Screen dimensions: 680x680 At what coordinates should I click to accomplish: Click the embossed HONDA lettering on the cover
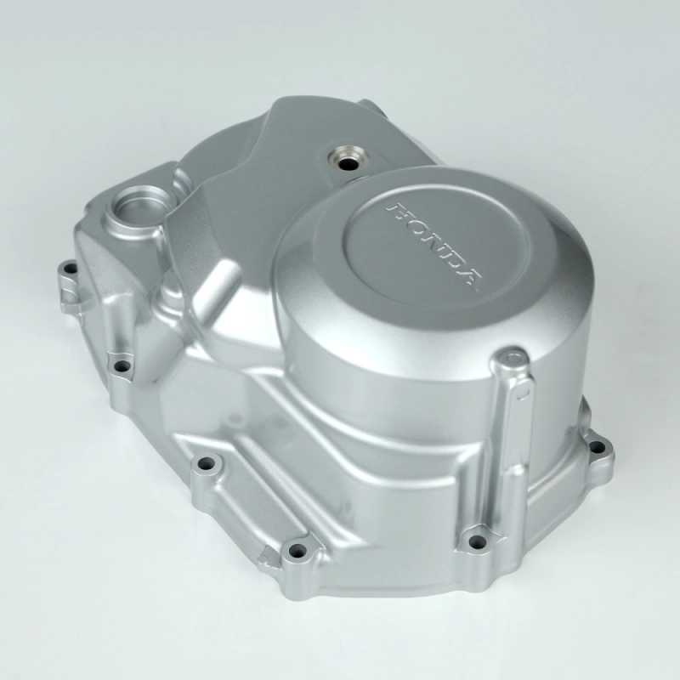434,246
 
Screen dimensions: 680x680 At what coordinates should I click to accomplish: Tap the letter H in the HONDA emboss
395,210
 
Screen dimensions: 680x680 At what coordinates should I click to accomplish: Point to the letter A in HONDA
469,279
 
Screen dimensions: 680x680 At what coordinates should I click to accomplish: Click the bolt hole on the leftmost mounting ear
69,269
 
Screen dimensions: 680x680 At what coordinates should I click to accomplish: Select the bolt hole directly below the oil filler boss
122,365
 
